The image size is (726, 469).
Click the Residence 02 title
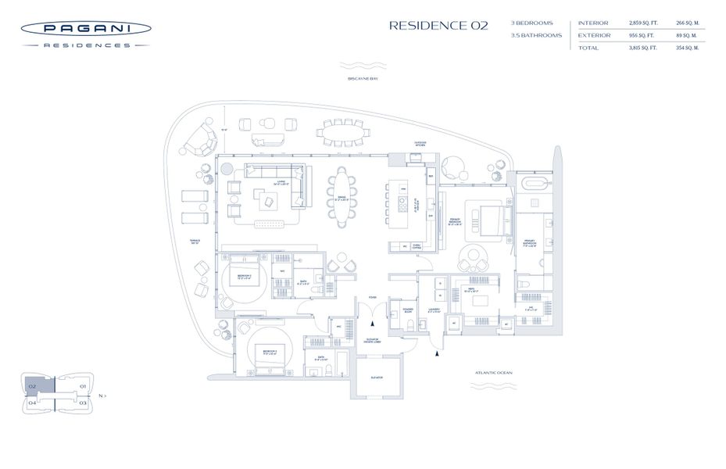[x=438, y=25]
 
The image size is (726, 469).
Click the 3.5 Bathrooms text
[x=537, y=36]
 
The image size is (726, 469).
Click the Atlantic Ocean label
[x=493, y=373]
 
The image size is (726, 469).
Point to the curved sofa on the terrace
[x=202, y=139]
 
